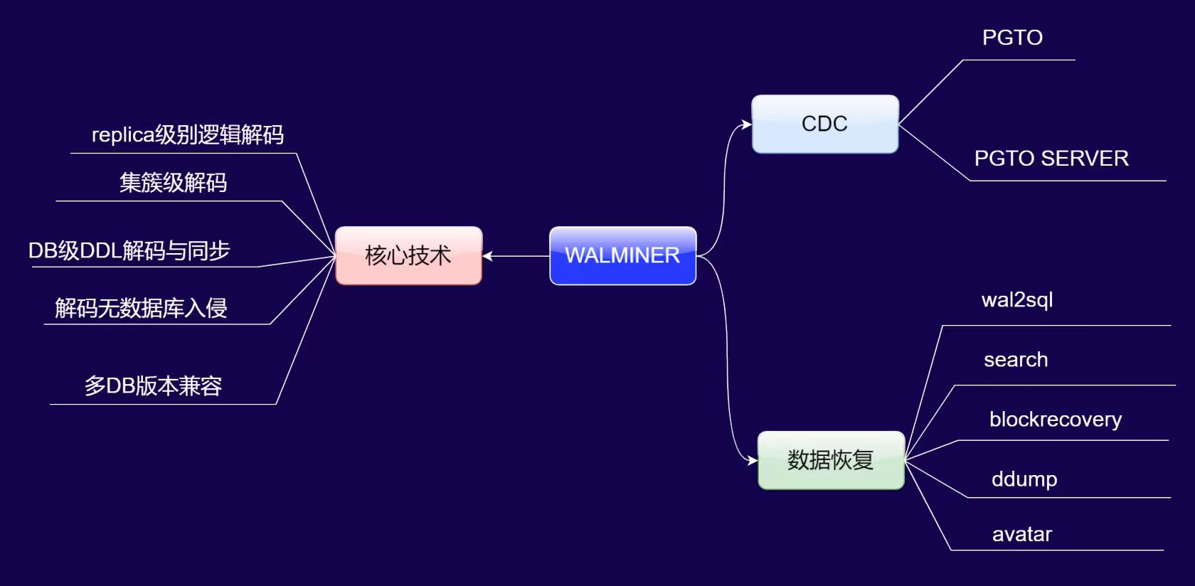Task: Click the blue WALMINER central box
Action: click(622, 255)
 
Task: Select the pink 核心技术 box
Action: click(408, 255)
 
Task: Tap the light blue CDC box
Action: click(824, 124)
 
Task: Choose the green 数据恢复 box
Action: click(830, 460)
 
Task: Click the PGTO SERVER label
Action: click(1051, 158)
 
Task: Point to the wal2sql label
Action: click(1016, 300)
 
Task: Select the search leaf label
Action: click(1016, 360)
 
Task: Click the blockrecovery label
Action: click(1055, 420)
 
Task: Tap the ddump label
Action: click(1024, 479)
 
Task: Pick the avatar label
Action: click(1021, 534)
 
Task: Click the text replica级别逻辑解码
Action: click(188, 134)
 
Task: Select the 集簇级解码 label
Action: click(173, 183)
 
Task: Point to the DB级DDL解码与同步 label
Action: click(129, 250)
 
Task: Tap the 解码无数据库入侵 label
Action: click(141, 308)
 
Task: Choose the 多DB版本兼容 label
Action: click(153, 385)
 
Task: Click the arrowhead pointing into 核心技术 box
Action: click(488, 256)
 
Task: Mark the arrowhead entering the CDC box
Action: click(746, 124)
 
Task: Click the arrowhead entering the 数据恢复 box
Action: click(752, 460)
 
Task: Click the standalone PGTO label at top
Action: click(1011, 38)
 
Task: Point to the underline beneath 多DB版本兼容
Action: click(163, 404)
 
